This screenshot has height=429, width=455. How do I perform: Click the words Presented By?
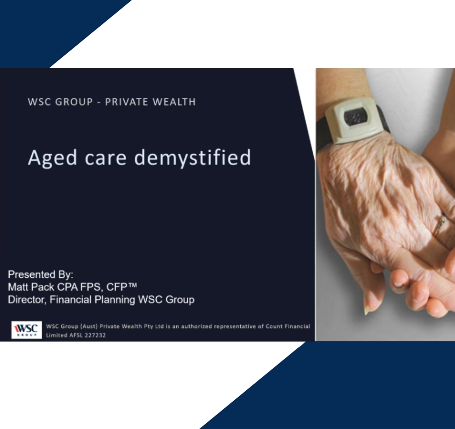click(x=40, y=275)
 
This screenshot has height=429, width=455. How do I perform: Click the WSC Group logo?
click(x=26, y=330)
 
